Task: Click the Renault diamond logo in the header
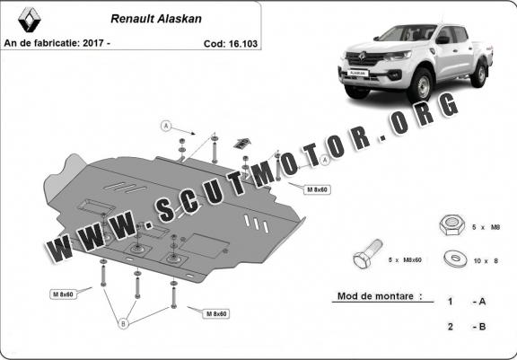click(x=30, y=20)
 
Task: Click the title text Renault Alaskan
click(x=156, y=19)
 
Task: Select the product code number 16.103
click(x=243, y=44)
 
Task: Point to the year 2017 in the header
click(x=93, y=43)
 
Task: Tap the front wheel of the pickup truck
click(x=421, y=85)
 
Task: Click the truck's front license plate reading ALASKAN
click(x=357, y=73)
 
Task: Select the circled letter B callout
click(x=123, y=324)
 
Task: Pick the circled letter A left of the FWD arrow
click(x=166, y=126)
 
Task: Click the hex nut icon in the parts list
click(x=451, y=224)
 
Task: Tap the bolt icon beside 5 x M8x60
click(x=368, y=253)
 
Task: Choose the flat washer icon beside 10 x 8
click(x=456, y=259)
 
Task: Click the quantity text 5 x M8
click(x=486, y=227)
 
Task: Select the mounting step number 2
click(x=451, y=327)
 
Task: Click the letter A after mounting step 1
click(x=482, y=302)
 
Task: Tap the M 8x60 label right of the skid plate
click(x=317, y=189)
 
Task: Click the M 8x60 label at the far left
click(x=63, y=294)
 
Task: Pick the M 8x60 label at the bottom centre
click(x=216, y=314)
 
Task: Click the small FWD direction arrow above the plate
click(x=241, y=143)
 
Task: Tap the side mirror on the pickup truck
click(x=443, y=40)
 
